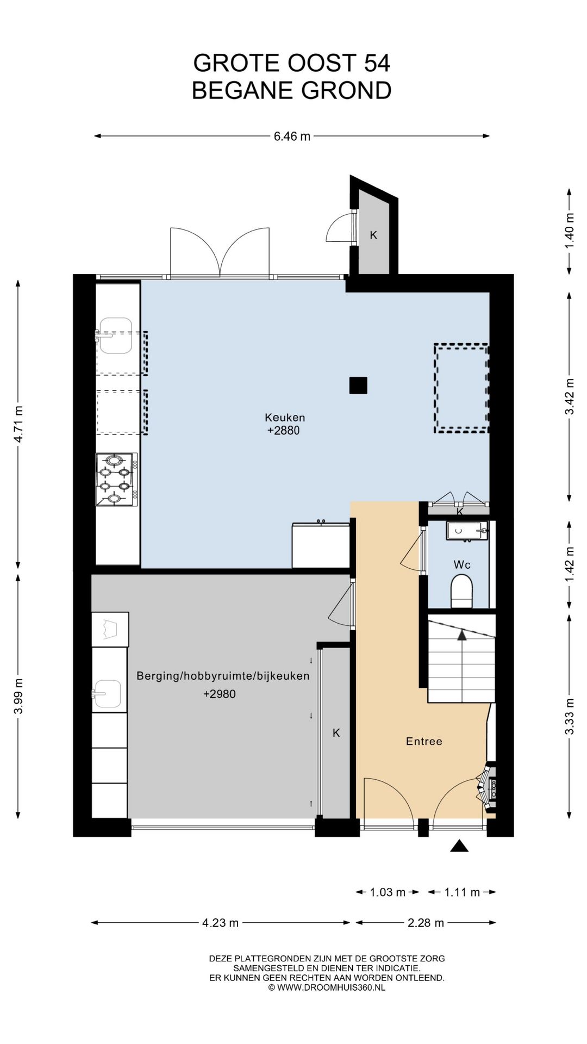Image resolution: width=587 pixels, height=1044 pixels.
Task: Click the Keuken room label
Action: point(285,418)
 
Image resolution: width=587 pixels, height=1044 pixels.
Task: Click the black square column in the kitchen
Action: point(358,386)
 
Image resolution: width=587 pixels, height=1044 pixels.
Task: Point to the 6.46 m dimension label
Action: point(292,136)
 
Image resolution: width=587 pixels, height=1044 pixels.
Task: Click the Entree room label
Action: point(424,741)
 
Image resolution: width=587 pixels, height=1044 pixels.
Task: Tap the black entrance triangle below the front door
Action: point(459,846)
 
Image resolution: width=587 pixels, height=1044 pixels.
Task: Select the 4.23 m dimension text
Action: point(221,923)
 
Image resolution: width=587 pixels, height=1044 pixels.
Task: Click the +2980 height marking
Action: point(220,694)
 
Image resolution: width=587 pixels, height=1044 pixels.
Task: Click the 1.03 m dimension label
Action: point(388,892)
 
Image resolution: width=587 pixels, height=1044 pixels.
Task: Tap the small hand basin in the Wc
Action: point(467,530)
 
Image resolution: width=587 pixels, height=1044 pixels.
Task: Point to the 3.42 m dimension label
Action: point(570,396)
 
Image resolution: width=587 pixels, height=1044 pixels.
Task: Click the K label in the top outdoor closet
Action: point(373,235)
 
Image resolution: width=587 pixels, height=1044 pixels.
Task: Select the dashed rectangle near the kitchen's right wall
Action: point(461,388)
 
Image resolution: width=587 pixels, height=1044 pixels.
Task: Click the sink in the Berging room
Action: point(107,695)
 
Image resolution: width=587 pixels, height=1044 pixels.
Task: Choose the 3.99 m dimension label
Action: point(18,697)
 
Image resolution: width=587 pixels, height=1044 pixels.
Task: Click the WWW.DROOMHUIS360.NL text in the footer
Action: point(331,987)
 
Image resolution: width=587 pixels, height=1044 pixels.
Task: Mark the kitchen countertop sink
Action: point(115,335)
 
